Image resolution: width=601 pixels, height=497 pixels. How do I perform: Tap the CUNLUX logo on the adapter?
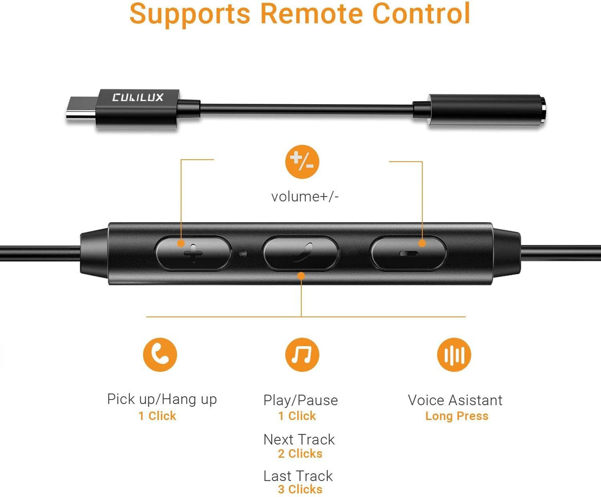coord(138,97)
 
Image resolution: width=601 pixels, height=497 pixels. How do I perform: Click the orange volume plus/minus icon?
coord(302,162)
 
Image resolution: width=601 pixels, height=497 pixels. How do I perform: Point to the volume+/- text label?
coord(305,196)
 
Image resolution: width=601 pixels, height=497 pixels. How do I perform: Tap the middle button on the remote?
coord(301,253)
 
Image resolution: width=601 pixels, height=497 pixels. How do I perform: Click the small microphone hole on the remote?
coord(243,253)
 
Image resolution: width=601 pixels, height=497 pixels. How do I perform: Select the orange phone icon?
coord(160,355)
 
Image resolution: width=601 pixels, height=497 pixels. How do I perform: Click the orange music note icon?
coord(302,355)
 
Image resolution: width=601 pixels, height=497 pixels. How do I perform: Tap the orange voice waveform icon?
coord(454,355)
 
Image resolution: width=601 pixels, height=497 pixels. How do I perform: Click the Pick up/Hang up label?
coord(162,399)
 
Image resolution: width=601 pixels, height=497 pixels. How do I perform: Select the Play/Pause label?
coord(301,400)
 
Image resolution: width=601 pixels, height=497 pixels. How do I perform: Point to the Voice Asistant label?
coord(455,400)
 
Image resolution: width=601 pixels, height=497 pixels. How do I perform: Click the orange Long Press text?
coord(457,416)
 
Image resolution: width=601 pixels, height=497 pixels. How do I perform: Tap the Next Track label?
coord(299,440)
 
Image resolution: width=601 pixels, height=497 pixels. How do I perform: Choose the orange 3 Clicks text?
coord(300,490)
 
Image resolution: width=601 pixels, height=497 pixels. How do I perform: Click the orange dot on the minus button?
coord(422,243)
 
